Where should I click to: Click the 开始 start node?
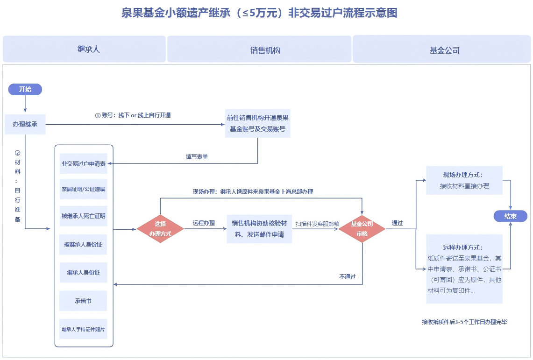25,89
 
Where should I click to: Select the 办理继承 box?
25,124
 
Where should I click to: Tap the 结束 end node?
511,216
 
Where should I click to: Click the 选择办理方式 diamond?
160,229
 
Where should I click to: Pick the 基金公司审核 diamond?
362,229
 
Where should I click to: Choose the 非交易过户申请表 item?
84,164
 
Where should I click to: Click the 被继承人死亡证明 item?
84,216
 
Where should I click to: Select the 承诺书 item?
83,301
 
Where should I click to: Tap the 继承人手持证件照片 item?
83,329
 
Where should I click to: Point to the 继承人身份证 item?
83,273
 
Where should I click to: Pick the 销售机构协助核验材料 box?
259,229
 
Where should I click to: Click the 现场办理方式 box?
464,180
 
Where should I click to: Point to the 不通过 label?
347,277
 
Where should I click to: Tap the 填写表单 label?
197,157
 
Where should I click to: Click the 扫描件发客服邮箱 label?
317,224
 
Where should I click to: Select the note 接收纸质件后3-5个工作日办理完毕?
464,322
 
